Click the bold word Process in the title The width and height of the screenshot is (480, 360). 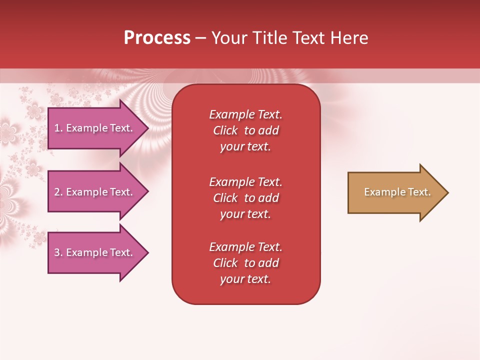[157, 38]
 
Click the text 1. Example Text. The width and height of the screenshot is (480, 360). [93, 128]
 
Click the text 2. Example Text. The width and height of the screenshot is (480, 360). [93, 192]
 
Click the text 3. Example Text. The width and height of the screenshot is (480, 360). [93, 252]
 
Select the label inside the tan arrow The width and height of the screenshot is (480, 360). [397, 192]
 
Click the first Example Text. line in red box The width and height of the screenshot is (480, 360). [245, 114]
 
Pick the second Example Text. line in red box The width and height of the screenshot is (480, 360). [245, 181]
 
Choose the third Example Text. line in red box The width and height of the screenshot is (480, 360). [245, 247]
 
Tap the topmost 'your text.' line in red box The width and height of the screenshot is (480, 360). [245, 147]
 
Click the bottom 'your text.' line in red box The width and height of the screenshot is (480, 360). [245, 279]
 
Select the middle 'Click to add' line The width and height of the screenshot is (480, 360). [245, 198]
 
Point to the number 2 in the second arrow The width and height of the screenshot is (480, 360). [57, 192]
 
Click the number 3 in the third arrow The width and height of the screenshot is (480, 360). [57, 252]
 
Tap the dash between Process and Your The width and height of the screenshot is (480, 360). [201, 38]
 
